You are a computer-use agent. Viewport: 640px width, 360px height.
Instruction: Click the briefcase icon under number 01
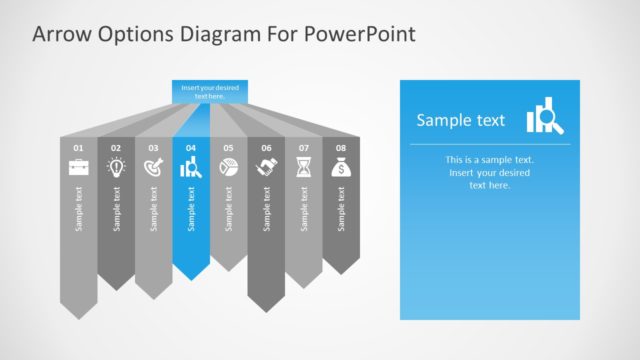(x=79, y=168)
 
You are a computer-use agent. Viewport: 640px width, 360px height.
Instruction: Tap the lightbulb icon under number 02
(x=116, y=168)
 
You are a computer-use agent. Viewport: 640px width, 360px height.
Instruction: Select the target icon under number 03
(x=154, y=168)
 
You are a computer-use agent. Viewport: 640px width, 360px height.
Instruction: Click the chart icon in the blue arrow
(x=191, y=168)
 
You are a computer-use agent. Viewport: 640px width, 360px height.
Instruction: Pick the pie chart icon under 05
(x=228, y=168)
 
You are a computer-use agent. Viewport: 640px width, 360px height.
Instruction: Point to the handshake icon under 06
(x=266, y=168)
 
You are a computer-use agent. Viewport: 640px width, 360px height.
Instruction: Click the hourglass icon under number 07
(x=303, y=168)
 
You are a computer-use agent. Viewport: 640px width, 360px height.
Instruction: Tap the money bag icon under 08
(x=341, y=168)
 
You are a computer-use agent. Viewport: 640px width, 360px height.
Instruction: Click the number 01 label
(x=79, y=148)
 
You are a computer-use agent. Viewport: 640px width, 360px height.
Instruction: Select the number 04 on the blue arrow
(x=191, y=148)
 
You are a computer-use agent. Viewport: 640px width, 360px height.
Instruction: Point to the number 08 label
(x=341, y=148)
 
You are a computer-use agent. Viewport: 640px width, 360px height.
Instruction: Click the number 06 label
(x=266, y=148)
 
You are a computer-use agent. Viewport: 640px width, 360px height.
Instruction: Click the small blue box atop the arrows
(x=209, y=92)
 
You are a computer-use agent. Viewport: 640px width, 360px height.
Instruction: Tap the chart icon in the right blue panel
(x=545, y=117)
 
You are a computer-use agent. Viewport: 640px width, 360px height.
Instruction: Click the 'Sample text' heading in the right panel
(x=461, y=121)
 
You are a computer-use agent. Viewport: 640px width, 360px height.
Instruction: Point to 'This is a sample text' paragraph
(x=490, y=172)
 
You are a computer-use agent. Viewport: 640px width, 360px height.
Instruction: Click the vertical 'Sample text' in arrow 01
(x=79, y=209)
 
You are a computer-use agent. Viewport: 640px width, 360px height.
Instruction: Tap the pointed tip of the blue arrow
(x=191, y=278)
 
